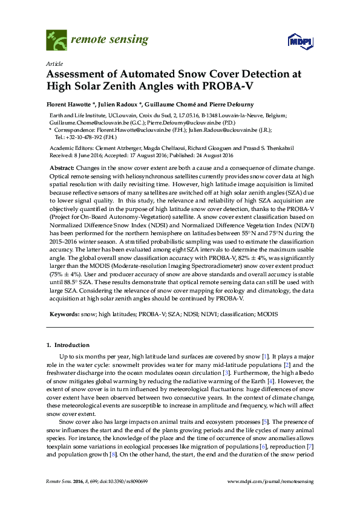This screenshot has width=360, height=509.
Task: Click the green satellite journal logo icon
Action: click(56, 41)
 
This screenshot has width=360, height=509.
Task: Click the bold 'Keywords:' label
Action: click(64, 314)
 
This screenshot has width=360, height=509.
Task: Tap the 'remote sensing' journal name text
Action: click(110, 40)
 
